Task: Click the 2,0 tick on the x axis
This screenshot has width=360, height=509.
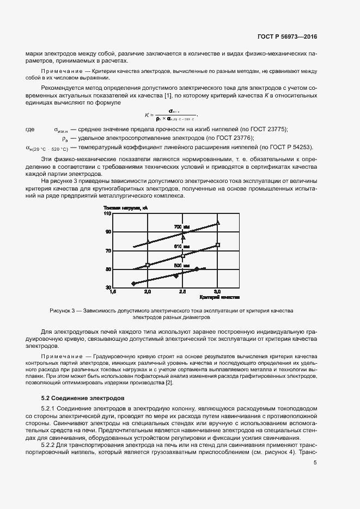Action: click(147, 292)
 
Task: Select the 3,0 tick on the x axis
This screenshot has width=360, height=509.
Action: click(217, 292)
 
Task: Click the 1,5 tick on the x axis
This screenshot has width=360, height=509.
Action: click(113, 292)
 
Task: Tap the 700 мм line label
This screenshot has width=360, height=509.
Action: click(181, 227)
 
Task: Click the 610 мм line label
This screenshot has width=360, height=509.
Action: click(181, 247)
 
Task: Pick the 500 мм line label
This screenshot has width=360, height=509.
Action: click(181, 266)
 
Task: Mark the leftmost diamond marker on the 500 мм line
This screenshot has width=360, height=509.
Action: click(133, 284)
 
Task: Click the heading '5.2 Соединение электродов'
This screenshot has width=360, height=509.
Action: click(83, 399)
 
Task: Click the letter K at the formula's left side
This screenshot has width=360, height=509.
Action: click(147, 115)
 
